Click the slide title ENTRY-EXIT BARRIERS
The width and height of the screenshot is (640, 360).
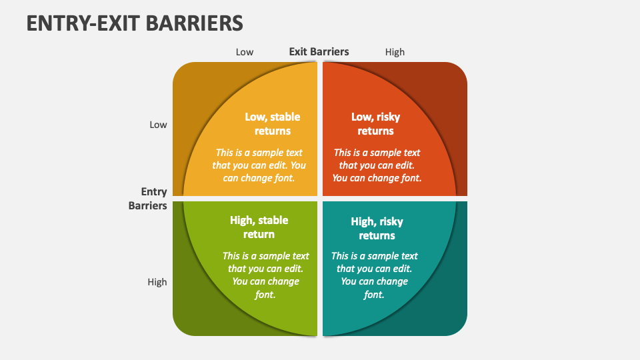coord(135,23)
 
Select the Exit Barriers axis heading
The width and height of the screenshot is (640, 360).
coord(319,52)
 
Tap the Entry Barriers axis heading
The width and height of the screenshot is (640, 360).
coord(148,199)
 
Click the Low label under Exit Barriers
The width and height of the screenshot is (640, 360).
coord(245,52)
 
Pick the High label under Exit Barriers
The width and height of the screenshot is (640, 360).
coord(395,52)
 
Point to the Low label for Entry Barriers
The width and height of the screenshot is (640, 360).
coord(158,125)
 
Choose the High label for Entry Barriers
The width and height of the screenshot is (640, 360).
coord(157,282)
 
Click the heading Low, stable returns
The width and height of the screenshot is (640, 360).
coord(273,124)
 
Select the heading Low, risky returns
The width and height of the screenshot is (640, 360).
coord(375,124)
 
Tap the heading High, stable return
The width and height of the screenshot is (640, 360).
coord(259,227)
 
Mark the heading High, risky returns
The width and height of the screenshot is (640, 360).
coord(377,228)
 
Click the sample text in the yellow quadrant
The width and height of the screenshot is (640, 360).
coord(259,165)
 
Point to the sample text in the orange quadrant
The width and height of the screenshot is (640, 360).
coord(377,165)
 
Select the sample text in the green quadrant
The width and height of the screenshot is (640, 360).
coord(265,275)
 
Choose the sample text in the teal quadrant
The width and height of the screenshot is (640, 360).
coord(374,275)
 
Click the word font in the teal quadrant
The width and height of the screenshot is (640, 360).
coord(374,295)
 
